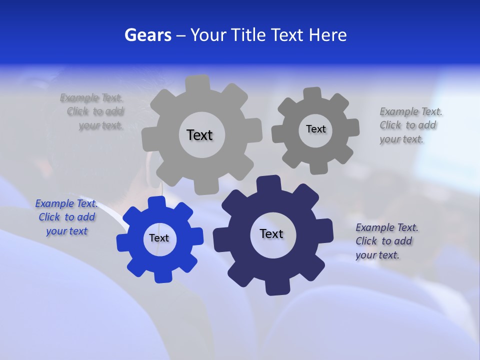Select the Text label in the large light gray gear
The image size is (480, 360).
point(199,135)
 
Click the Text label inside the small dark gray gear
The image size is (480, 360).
point(315,129)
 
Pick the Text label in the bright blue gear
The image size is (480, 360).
point(159,238)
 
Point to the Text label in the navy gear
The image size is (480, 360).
point(271,234)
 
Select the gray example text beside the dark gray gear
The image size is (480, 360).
point(410,125)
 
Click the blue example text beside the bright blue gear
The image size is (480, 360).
point(66,217)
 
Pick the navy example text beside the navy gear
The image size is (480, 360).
point(386,241)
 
